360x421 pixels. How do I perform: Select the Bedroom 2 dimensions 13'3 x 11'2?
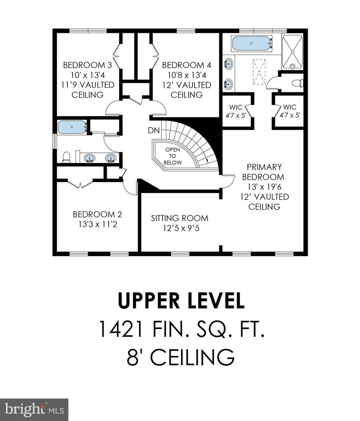97,224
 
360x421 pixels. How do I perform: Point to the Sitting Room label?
180,218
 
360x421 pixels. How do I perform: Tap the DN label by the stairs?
154,131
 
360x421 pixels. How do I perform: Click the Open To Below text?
173,156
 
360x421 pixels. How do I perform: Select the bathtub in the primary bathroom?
251,43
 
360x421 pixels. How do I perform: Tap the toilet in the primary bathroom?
297,83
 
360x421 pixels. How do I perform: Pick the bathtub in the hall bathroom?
72,127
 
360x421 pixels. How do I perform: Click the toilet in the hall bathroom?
67,157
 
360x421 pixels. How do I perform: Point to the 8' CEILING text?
180,357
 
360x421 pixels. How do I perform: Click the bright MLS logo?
34,409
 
